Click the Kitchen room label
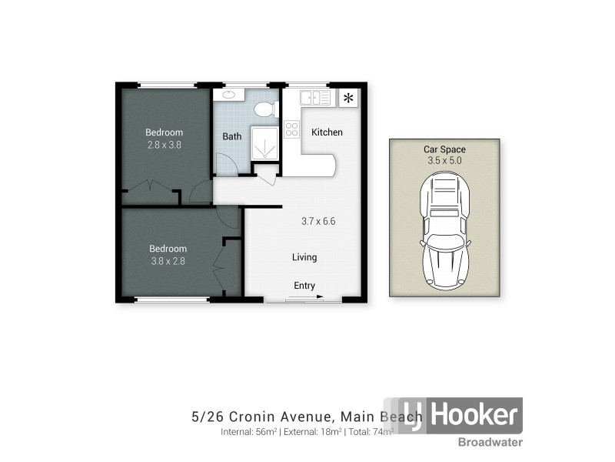tap(327, 132)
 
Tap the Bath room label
tap(232, 136)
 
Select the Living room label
tap(304, 257)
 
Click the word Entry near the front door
tap(304, 286)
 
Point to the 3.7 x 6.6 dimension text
tap(318, 221)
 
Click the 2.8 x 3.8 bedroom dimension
tap(164, 144)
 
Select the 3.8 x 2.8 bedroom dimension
tap(168, 260)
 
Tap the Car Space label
tap(444, 149)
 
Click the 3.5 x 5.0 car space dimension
tap(444, 161)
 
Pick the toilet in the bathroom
tap(265, 109)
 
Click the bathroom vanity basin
tap(228, 95)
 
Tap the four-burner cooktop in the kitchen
tap(291, 129)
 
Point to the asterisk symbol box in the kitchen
tap(348, 98)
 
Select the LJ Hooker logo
tap(460, 416)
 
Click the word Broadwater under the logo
tap(490, 442)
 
